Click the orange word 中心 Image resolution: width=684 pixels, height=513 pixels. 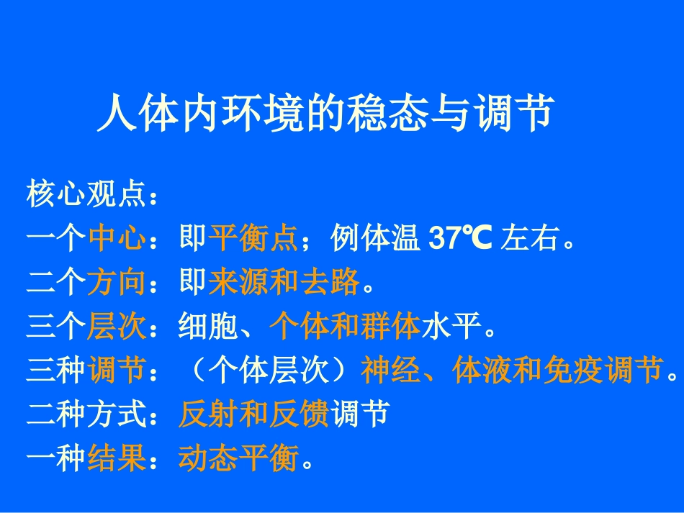(117, 240)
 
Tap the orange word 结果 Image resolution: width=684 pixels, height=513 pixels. (117, 459)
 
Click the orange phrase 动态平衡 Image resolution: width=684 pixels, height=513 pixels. (238, 459)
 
